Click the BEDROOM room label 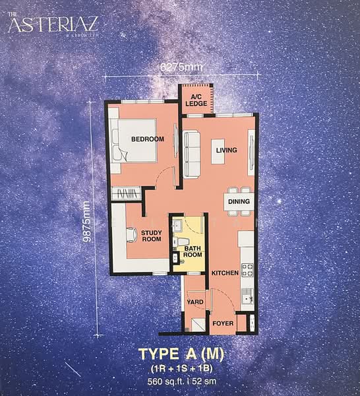[147, 139]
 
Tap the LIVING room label [226, 150]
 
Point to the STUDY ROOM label [152, 235]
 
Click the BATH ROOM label [193, 251]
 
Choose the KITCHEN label [224, 273]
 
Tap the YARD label [195, 302]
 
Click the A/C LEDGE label [196, 100]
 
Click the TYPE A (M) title [180, 354]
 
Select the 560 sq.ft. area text [158, 381]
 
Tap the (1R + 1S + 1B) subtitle [180, 368]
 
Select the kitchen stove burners [248, 270]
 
